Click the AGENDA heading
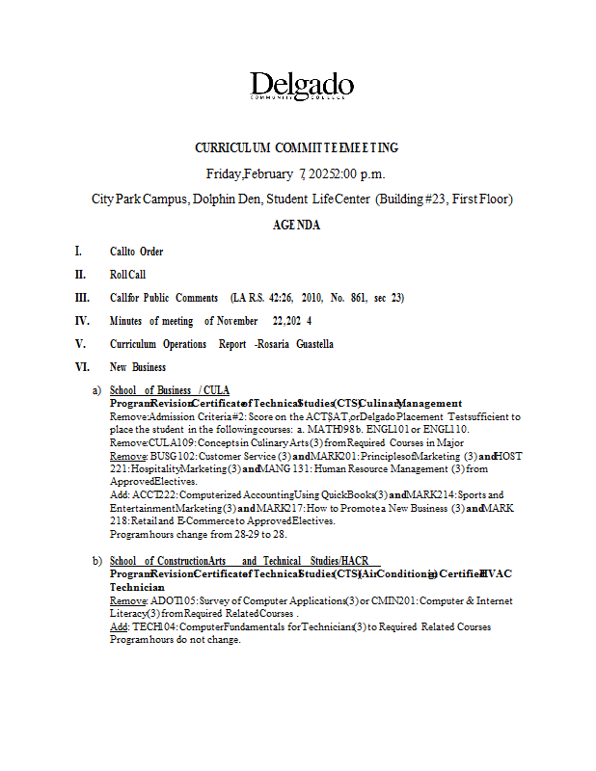click(297, 225)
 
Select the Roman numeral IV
click(83, 321)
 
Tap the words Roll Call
click(127, 275)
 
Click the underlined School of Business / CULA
click(170, 390)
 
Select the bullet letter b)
click(96, 561)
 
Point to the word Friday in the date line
click(224, 174)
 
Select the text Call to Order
click(136, 252)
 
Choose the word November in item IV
click(237, 321)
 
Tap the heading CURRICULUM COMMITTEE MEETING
click(297, 148)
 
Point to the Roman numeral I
click(78, 252)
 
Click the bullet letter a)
click(96, 390)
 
